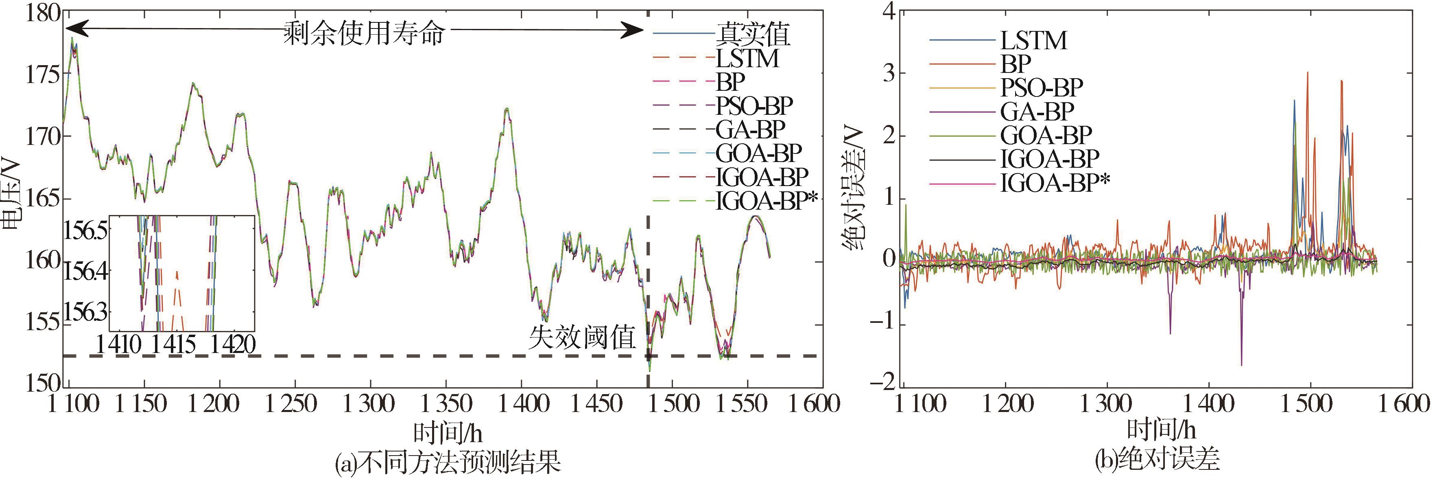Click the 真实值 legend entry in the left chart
(752, 35)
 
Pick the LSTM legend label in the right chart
(1033, 41)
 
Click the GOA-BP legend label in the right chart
(1046, 135)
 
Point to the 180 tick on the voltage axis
(42, 12)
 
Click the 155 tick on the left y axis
(42, 323)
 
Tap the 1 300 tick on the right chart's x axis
(1106, 403)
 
